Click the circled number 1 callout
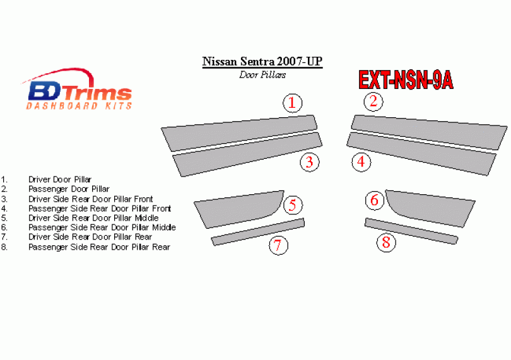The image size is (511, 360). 292,103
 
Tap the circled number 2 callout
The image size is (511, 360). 373,102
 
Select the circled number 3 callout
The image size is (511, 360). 310,162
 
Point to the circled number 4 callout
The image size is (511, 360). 361,161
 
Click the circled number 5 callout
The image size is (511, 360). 293,206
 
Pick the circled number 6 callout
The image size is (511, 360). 375,200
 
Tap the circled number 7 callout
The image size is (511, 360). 278,245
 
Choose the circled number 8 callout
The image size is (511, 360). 386,242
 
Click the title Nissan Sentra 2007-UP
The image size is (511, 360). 262,62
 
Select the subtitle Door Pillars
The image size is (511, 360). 262,75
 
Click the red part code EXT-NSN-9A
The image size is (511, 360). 406,80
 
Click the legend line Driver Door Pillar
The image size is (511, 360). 60,180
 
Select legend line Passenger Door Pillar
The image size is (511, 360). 69,189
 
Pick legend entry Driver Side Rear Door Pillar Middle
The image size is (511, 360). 93,218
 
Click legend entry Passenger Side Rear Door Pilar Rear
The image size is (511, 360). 100,247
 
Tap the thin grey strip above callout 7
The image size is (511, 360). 258,231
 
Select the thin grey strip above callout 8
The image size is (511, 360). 411,231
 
